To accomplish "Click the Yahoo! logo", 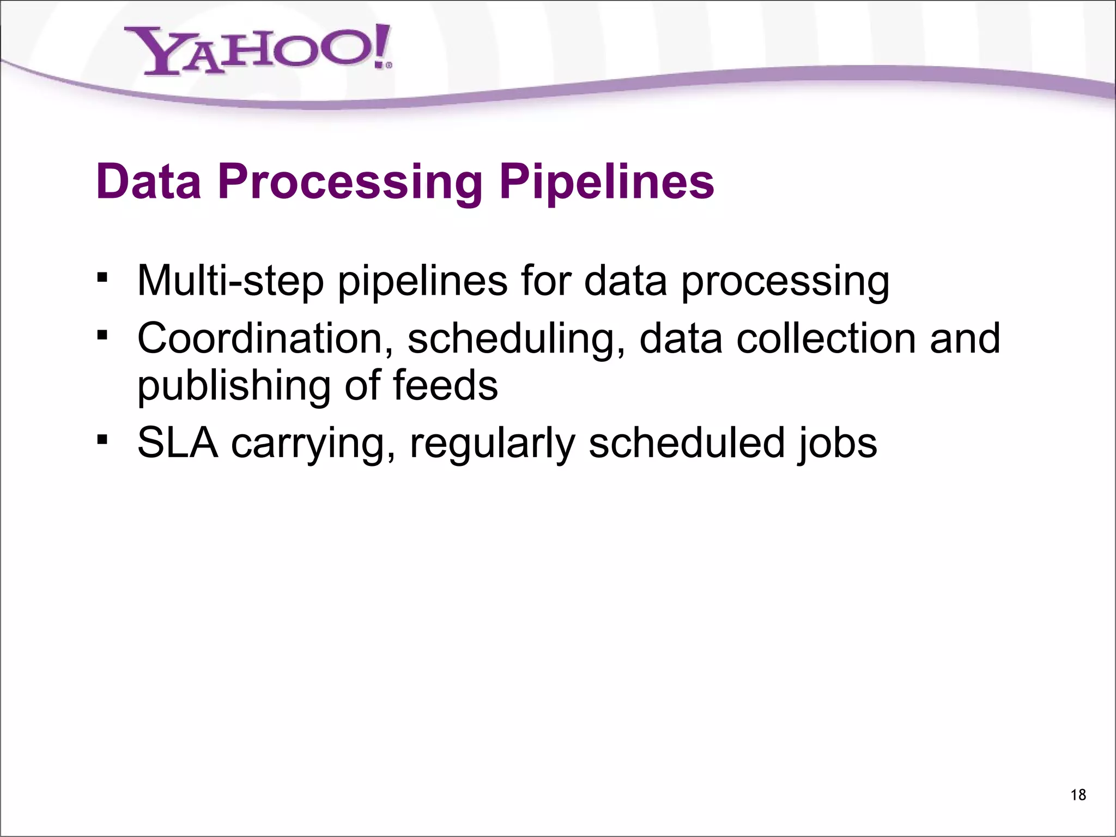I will coord(256,50).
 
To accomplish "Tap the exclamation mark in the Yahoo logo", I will coord(381,47).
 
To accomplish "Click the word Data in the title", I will coord(148,181).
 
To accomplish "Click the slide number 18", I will coord(1078,795).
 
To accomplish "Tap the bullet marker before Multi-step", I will coord(101,278).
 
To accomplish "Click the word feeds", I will coord(445,385).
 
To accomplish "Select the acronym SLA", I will coord(177,442).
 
